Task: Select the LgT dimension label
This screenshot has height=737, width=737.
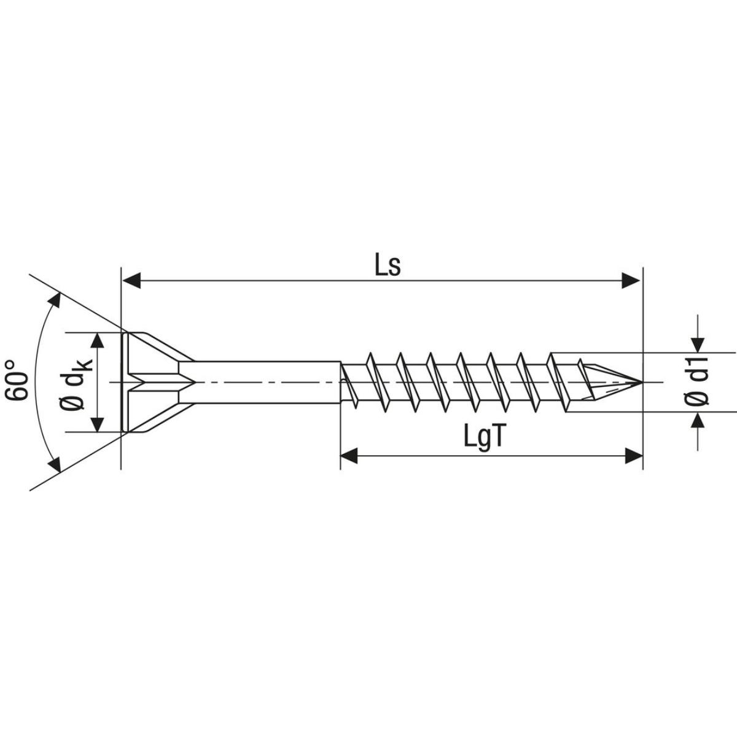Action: [483, 437]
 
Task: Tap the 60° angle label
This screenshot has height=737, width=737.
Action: [17, 380]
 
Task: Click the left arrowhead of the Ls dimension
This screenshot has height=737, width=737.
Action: [131, 281]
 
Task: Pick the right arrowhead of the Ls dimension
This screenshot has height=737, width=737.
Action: [631, 281]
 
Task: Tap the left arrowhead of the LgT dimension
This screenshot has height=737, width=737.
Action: [349, 456]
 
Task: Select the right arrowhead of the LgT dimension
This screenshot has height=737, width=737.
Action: [634, 456]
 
